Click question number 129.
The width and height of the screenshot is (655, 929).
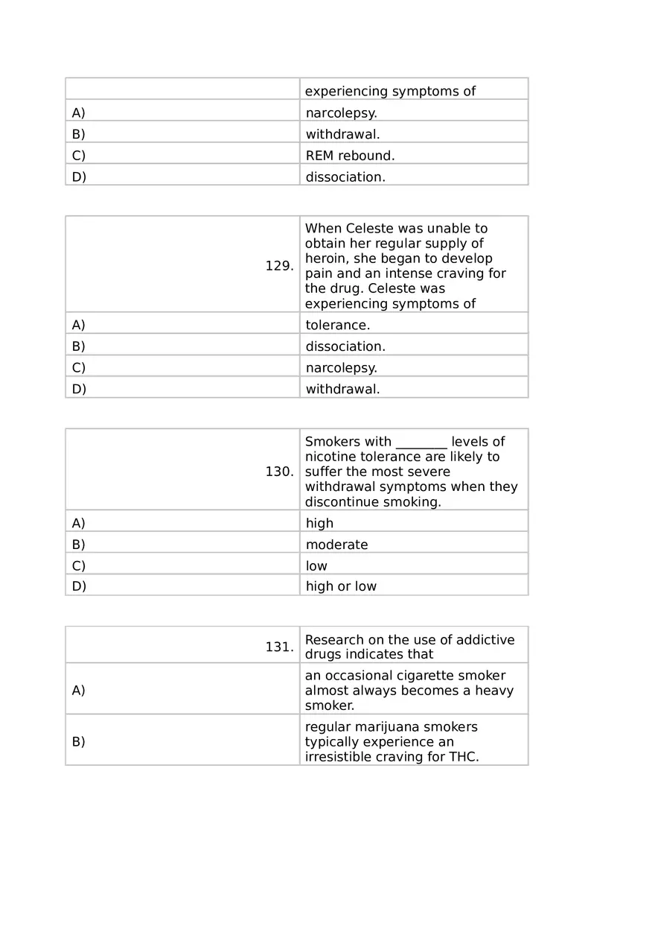pos(279,266)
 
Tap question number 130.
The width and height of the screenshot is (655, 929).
pos(279,472)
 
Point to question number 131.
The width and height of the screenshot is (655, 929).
pos(279,647)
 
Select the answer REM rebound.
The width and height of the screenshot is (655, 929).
pos(350,156)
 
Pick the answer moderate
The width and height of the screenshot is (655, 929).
pos(336,545)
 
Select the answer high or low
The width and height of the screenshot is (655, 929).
pos(341,586)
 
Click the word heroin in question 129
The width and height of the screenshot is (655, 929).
pos(325,259)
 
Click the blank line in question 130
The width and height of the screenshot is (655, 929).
pos(421,443)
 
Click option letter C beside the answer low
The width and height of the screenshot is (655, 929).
pos(78,565)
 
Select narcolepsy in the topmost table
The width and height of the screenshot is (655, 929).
pos(341,113)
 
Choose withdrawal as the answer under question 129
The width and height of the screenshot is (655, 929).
pos(342,389)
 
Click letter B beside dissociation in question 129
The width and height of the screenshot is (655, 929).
pos(78,346)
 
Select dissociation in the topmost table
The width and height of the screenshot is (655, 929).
pos(345,177)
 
